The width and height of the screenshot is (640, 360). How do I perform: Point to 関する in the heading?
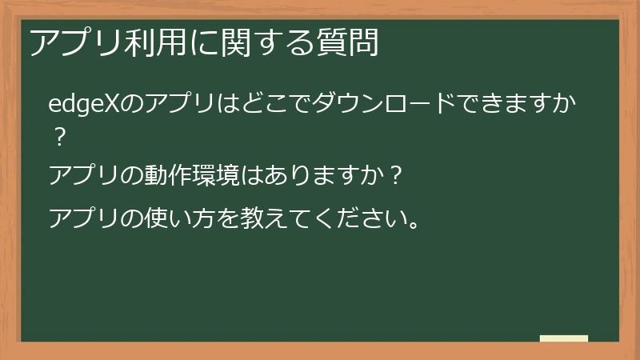[255, 42]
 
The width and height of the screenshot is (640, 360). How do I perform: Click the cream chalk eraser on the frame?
[564, 339]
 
